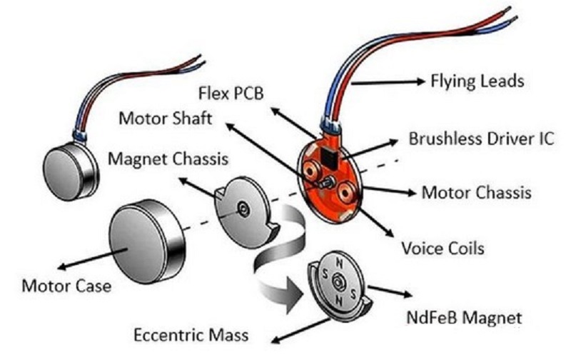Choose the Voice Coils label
click(x=443, y=249)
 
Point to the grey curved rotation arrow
click(x=282, y=257)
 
